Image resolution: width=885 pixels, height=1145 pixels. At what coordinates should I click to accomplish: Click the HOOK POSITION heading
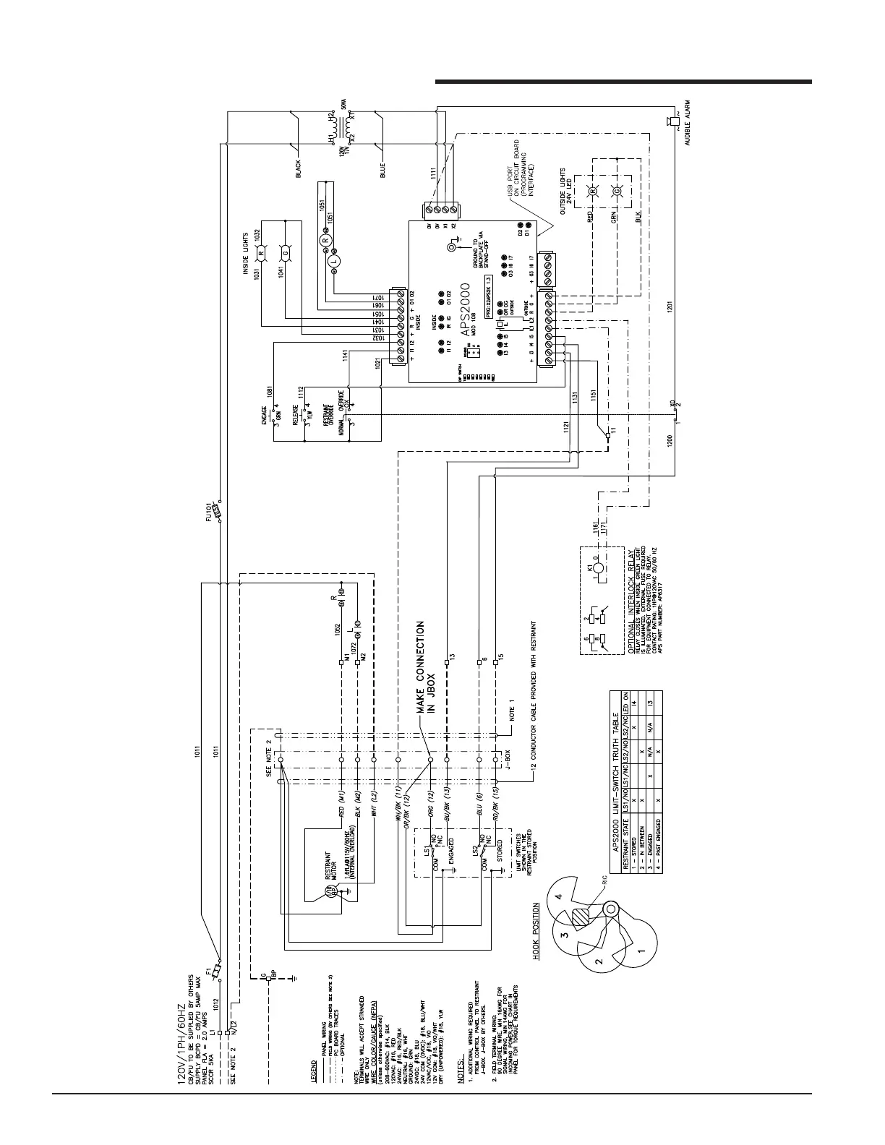[x=536, y=930]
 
